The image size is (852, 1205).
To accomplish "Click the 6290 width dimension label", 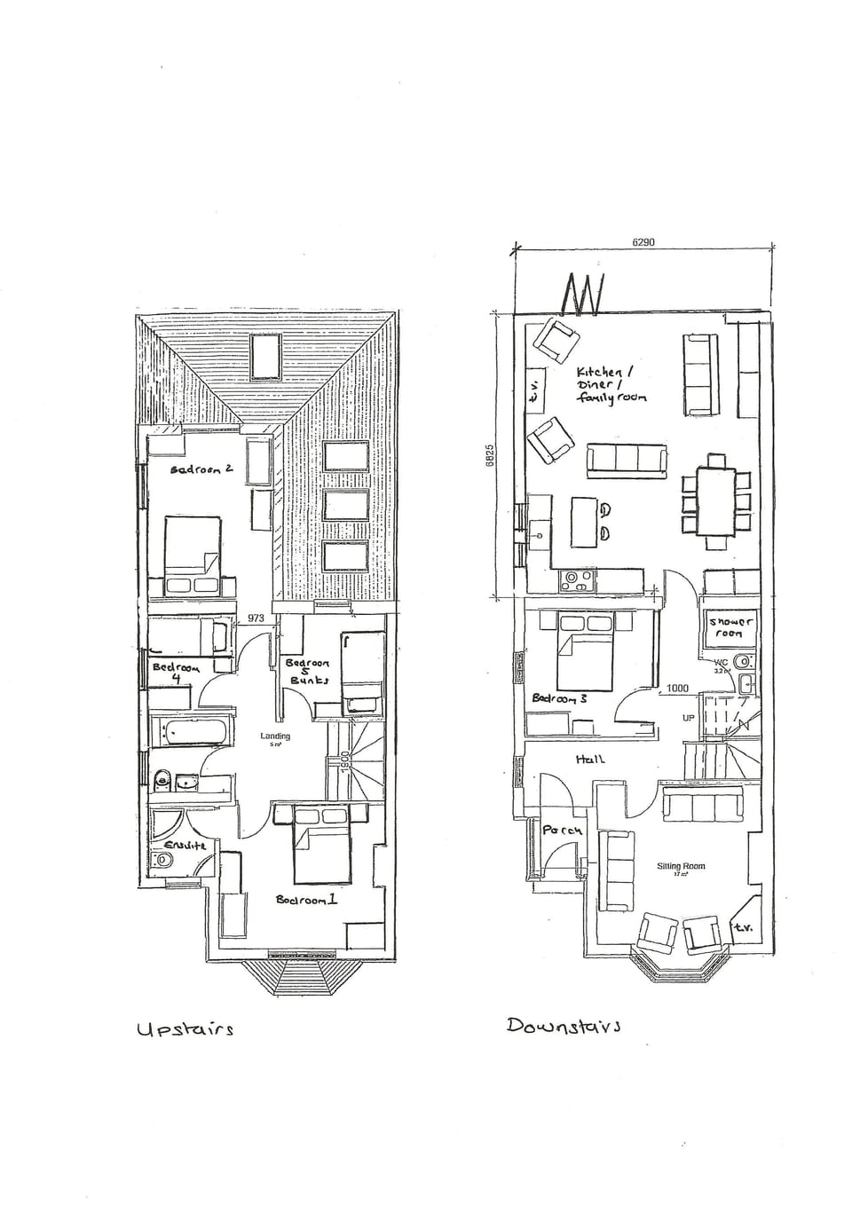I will click(x=643, y=241).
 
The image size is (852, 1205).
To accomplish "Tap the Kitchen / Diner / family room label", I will click(x=611, y=385).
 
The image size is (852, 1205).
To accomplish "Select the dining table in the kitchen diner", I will click(x=716, y=502).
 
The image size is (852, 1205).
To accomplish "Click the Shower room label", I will click(x=730, y=627).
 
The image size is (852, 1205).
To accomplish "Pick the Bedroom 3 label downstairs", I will click(x=559, y=698).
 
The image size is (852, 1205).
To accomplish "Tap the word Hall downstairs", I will click(x=590, y=759).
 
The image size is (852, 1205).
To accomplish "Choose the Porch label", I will click(x=563, y=831).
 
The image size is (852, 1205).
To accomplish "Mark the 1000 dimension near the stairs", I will click(x=677, y=688).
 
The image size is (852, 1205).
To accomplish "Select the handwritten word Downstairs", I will click(x=564, y=1025).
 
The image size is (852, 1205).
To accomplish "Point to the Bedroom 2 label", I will click(x=201, y=468).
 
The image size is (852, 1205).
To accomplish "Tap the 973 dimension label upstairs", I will click(x=256, y=618).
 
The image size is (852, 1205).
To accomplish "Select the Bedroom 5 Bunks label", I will click(x=308, y=672).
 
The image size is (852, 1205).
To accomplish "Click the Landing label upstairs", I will click(x=275, y=736).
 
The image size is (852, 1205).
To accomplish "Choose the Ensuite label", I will click(x=185, y=845).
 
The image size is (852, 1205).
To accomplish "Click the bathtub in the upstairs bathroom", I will click(x=192, y=733).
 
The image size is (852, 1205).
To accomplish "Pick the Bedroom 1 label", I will click(x=306, y=900).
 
